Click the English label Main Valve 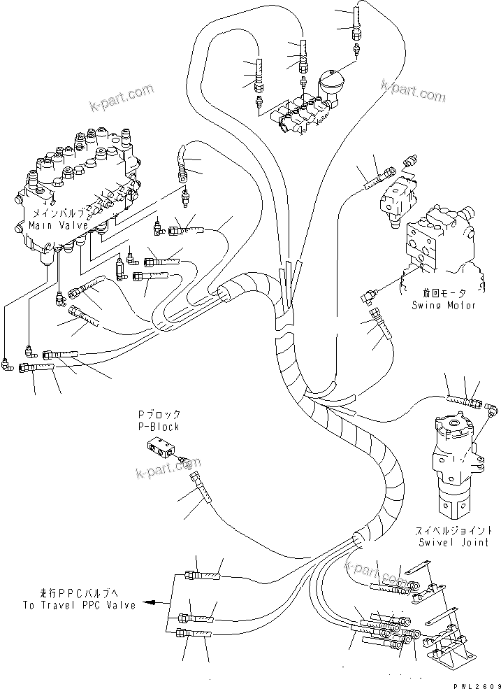[x=57, y=225]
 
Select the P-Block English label [x=158, y=427]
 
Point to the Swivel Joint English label [x=453, y=542]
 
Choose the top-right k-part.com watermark [x=413, y=90]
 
